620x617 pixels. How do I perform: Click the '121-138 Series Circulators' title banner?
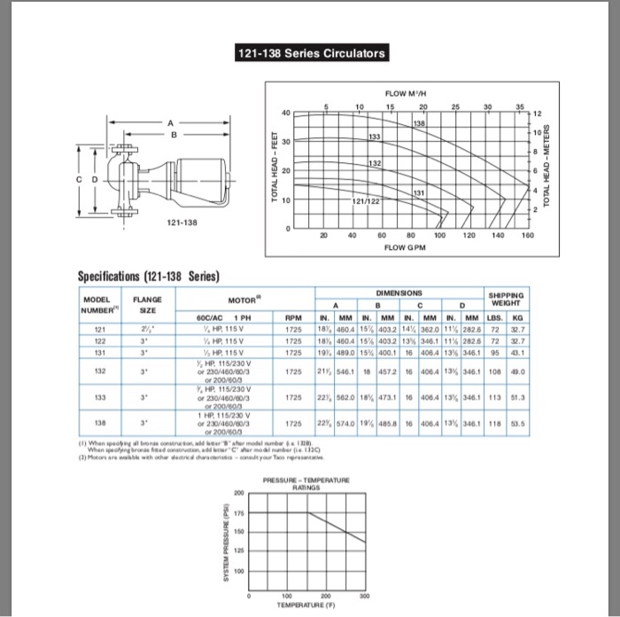pos(310,53)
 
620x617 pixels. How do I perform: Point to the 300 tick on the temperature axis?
pos(378,596)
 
